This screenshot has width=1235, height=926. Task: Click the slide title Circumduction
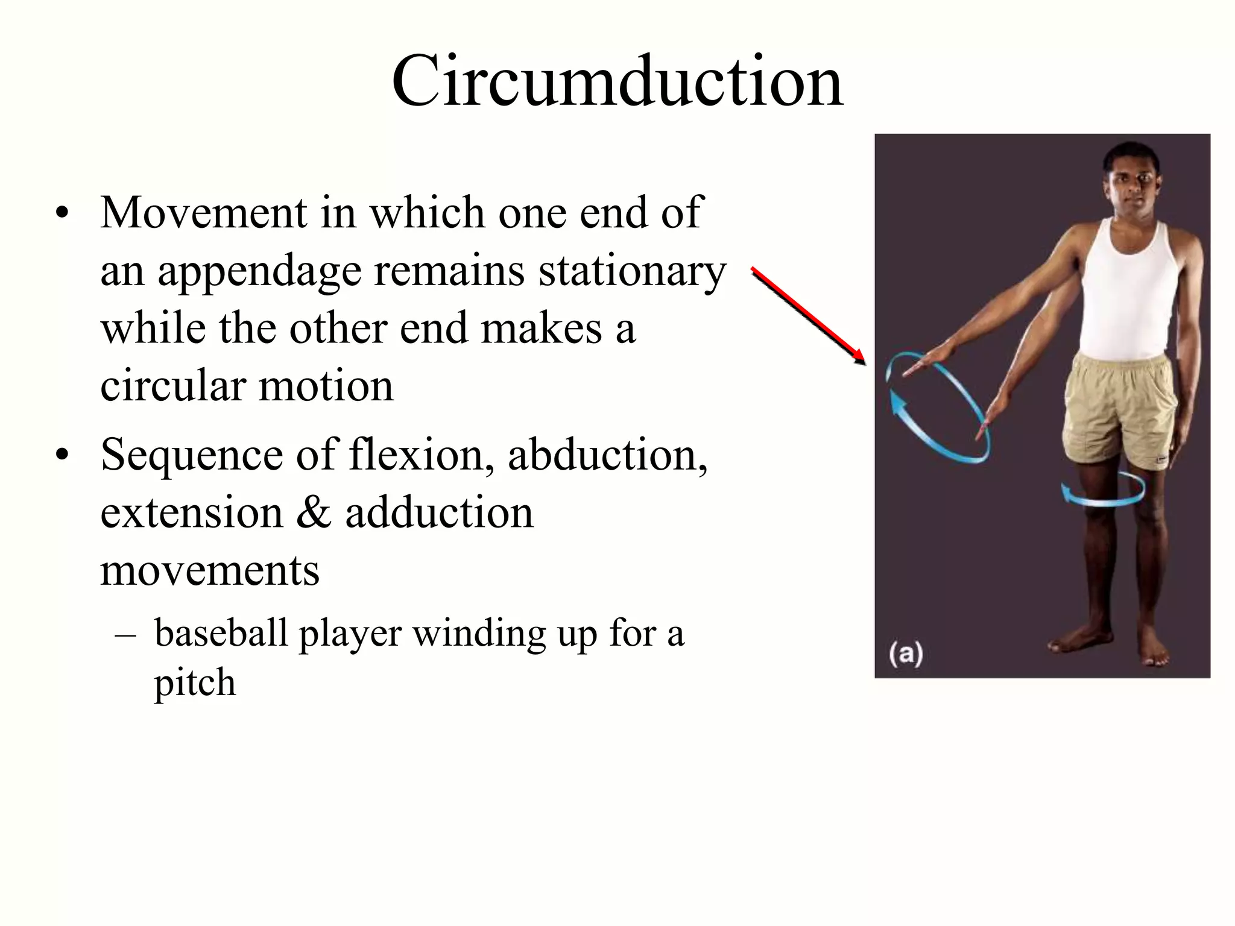617,81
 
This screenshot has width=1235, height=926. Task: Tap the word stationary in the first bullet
632,271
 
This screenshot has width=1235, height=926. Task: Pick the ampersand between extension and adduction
314,512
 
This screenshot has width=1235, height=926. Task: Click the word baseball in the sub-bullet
221,633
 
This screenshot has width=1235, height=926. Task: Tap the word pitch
195,684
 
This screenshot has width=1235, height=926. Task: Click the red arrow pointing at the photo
808,316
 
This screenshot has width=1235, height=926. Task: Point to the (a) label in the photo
906,654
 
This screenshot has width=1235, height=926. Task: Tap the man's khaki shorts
1119,410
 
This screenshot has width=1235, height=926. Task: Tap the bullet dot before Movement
61,213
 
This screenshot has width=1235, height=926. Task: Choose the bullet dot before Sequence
61,455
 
